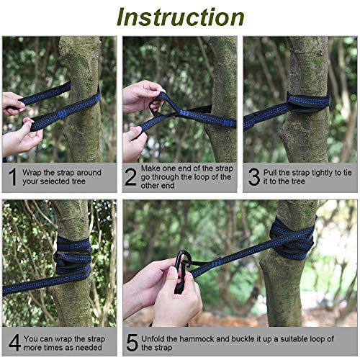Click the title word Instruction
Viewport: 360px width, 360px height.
181,17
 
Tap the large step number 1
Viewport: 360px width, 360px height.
13,176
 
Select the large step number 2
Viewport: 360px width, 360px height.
130,177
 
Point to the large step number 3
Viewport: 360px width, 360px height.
254,177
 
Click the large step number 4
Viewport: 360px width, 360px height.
14,343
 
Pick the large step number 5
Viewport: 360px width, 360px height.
132,343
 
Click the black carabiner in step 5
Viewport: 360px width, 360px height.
181,271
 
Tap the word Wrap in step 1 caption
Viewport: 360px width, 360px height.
32,173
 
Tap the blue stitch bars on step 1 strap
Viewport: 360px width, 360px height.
62,114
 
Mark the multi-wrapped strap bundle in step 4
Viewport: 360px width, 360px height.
73,256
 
